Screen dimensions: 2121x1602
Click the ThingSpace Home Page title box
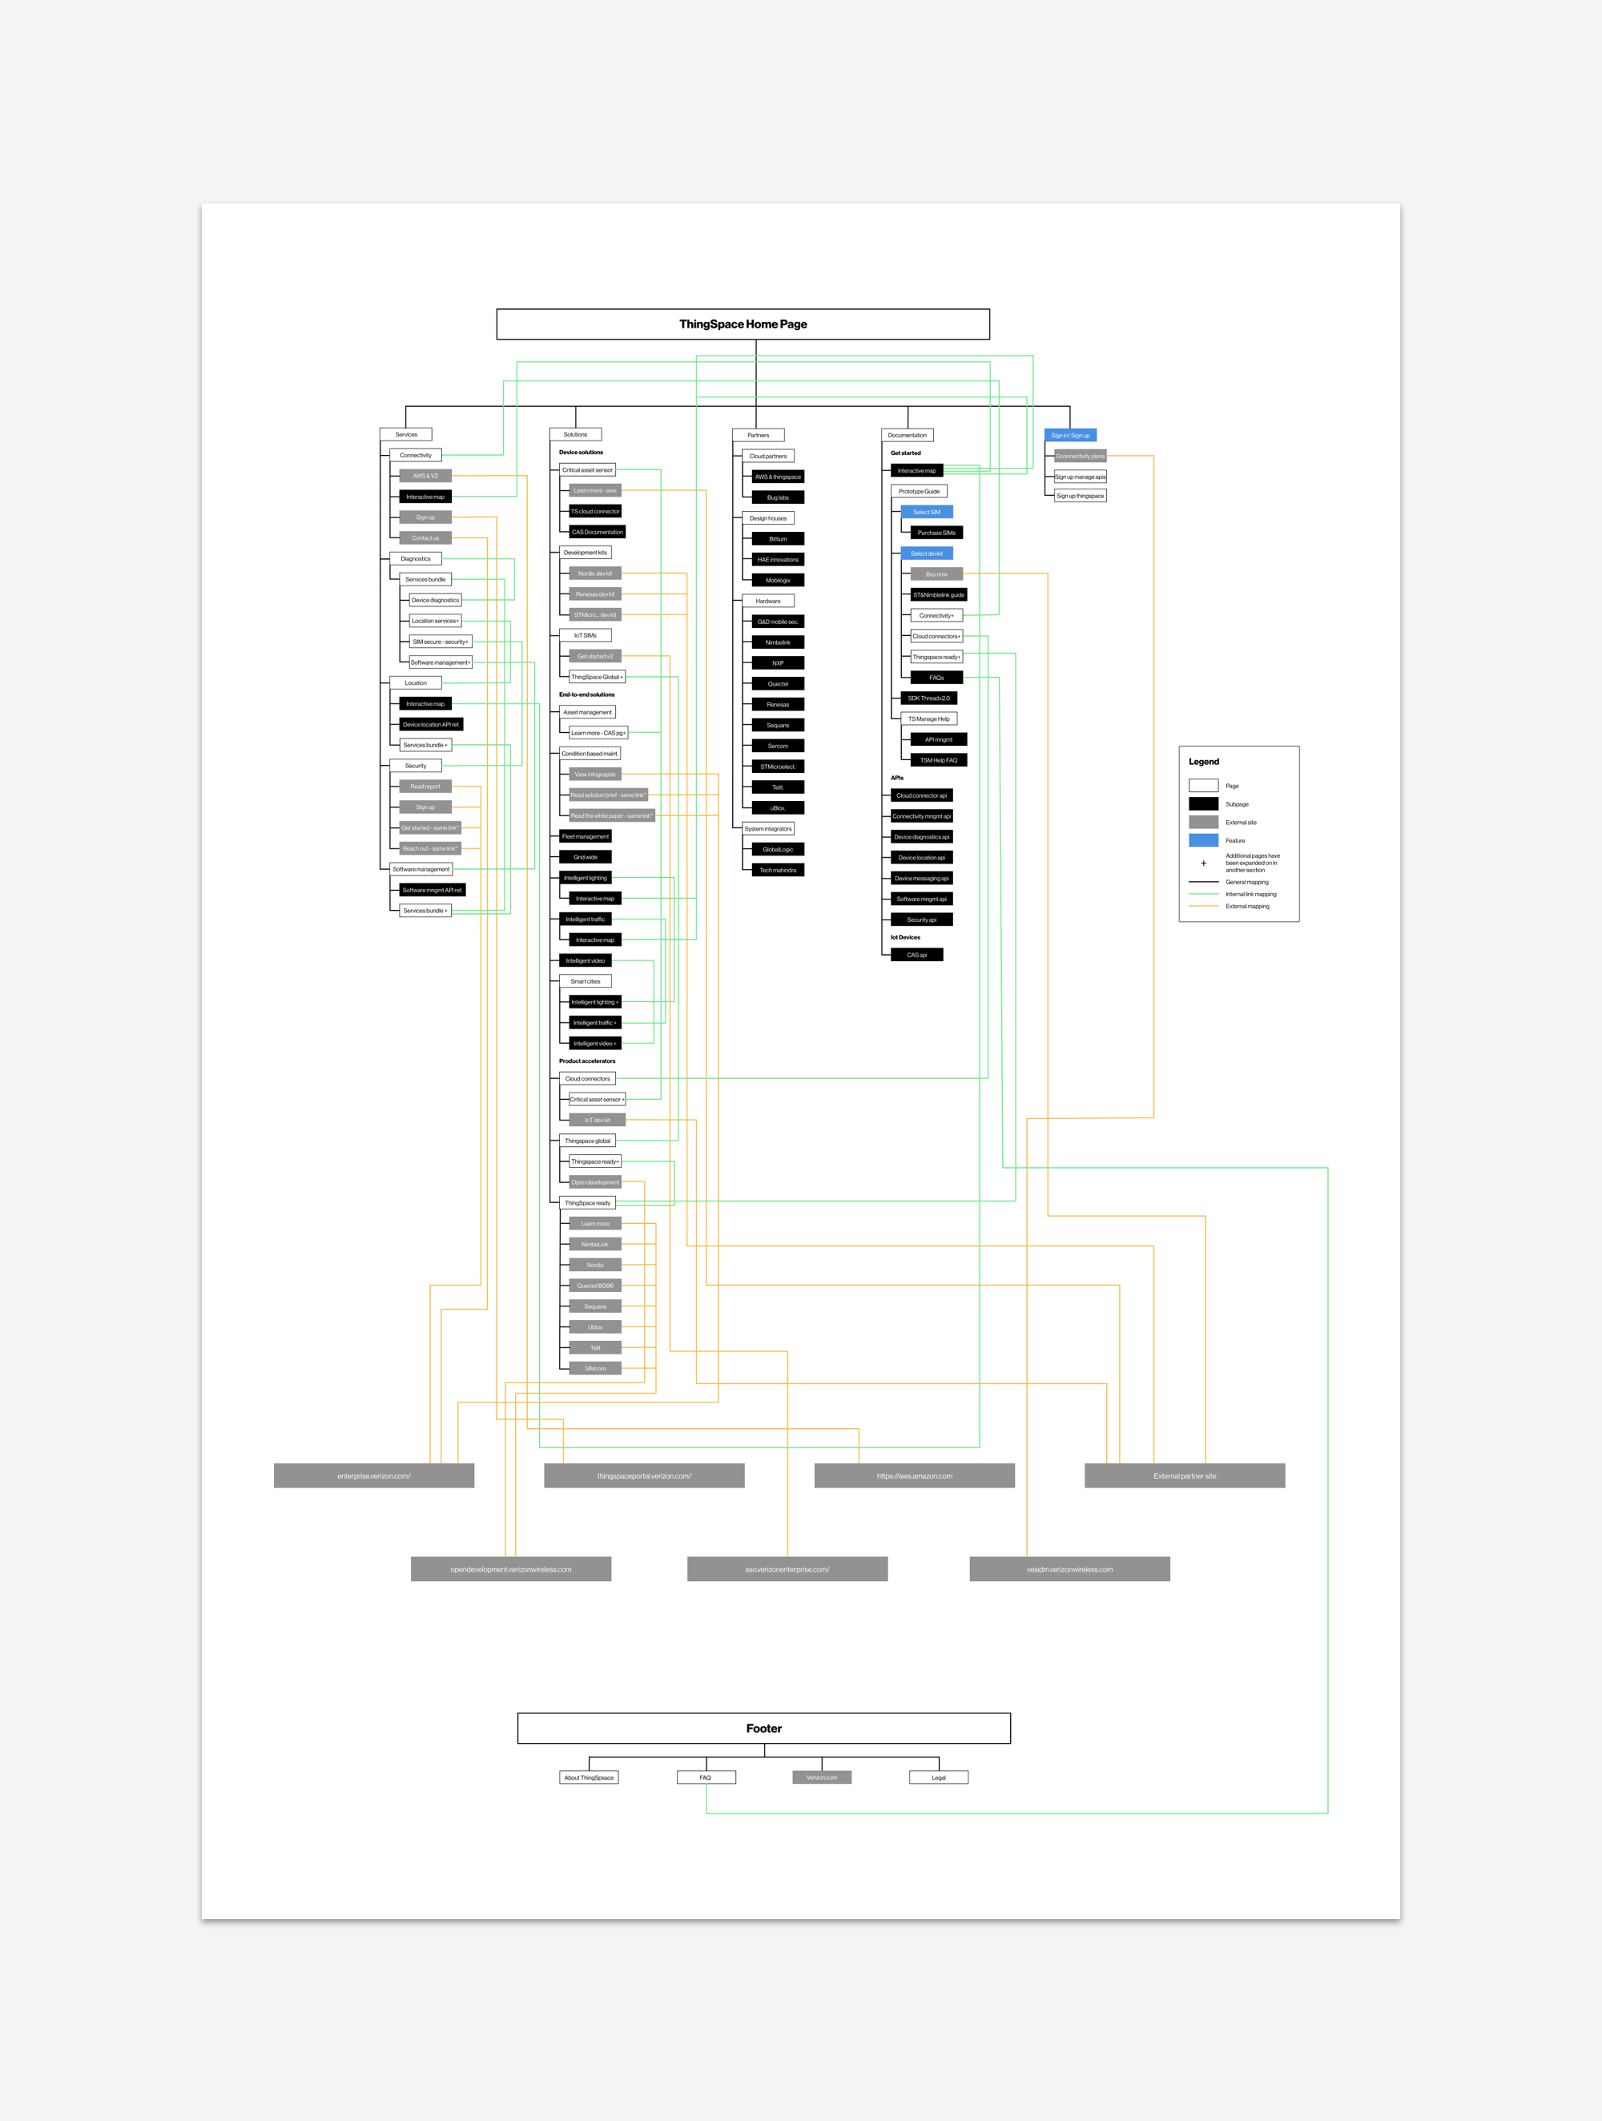tap(743, 324)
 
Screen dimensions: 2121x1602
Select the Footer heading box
tap(763, 1728)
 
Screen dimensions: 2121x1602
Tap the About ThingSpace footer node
tap(589, 1777)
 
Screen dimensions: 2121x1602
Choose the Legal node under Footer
tap(939, 1777)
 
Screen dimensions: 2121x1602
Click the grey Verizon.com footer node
tap(822, 1777)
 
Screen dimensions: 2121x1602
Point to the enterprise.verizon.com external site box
tap(374, 1475)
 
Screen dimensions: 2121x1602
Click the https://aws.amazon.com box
tap(914, 1475)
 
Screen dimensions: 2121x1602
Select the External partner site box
tap(1184, 1475)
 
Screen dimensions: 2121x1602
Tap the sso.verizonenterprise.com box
tap(787, 1568)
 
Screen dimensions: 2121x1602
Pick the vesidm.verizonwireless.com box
tap(1069, 1568)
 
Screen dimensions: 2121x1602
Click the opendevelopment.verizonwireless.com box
tap(511, 1568)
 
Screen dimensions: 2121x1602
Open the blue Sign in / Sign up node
tap(1070, 435)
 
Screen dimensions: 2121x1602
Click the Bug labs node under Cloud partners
tap(778, 497)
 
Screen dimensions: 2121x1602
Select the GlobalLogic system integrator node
tap(778, 850)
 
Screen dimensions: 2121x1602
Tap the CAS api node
tap(916, 955)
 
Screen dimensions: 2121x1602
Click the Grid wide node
tap(585, 857)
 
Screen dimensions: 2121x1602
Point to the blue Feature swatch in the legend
tap(1203, 840)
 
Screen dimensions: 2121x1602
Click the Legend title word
tap(1204, 762)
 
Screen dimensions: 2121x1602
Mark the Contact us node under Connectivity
tap(425, 538)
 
